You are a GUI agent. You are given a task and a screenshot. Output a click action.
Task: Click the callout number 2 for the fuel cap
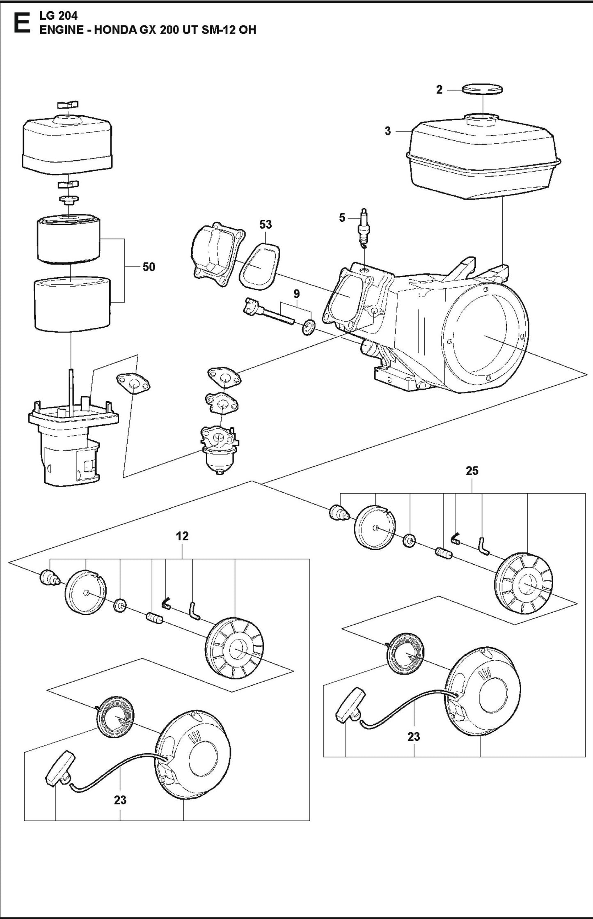pos(439,90)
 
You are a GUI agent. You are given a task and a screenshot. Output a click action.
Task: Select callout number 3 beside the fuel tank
pos(388,132)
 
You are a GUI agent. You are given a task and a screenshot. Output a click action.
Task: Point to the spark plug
pos(363,232)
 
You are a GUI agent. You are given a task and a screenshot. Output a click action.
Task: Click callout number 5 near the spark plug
pos(342,218)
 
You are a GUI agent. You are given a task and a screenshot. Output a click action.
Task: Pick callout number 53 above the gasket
pos(266,225)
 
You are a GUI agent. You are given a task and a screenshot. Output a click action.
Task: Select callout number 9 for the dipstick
pos(297,294)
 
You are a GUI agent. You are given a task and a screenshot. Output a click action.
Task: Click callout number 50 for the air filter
pos(149,267)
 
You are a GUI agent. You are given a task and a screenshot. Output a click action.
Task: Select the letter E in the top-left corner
pos(20,24)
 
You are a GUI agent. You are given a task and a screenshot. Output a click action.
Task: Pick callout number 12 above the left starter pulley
pos(183,536)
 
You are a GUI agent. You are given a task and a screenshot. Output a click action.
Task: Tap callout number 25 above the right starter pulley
pos(472,471)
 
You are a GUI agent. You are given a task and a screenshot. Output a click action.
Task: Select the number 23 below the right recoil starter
pos(414,736)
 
